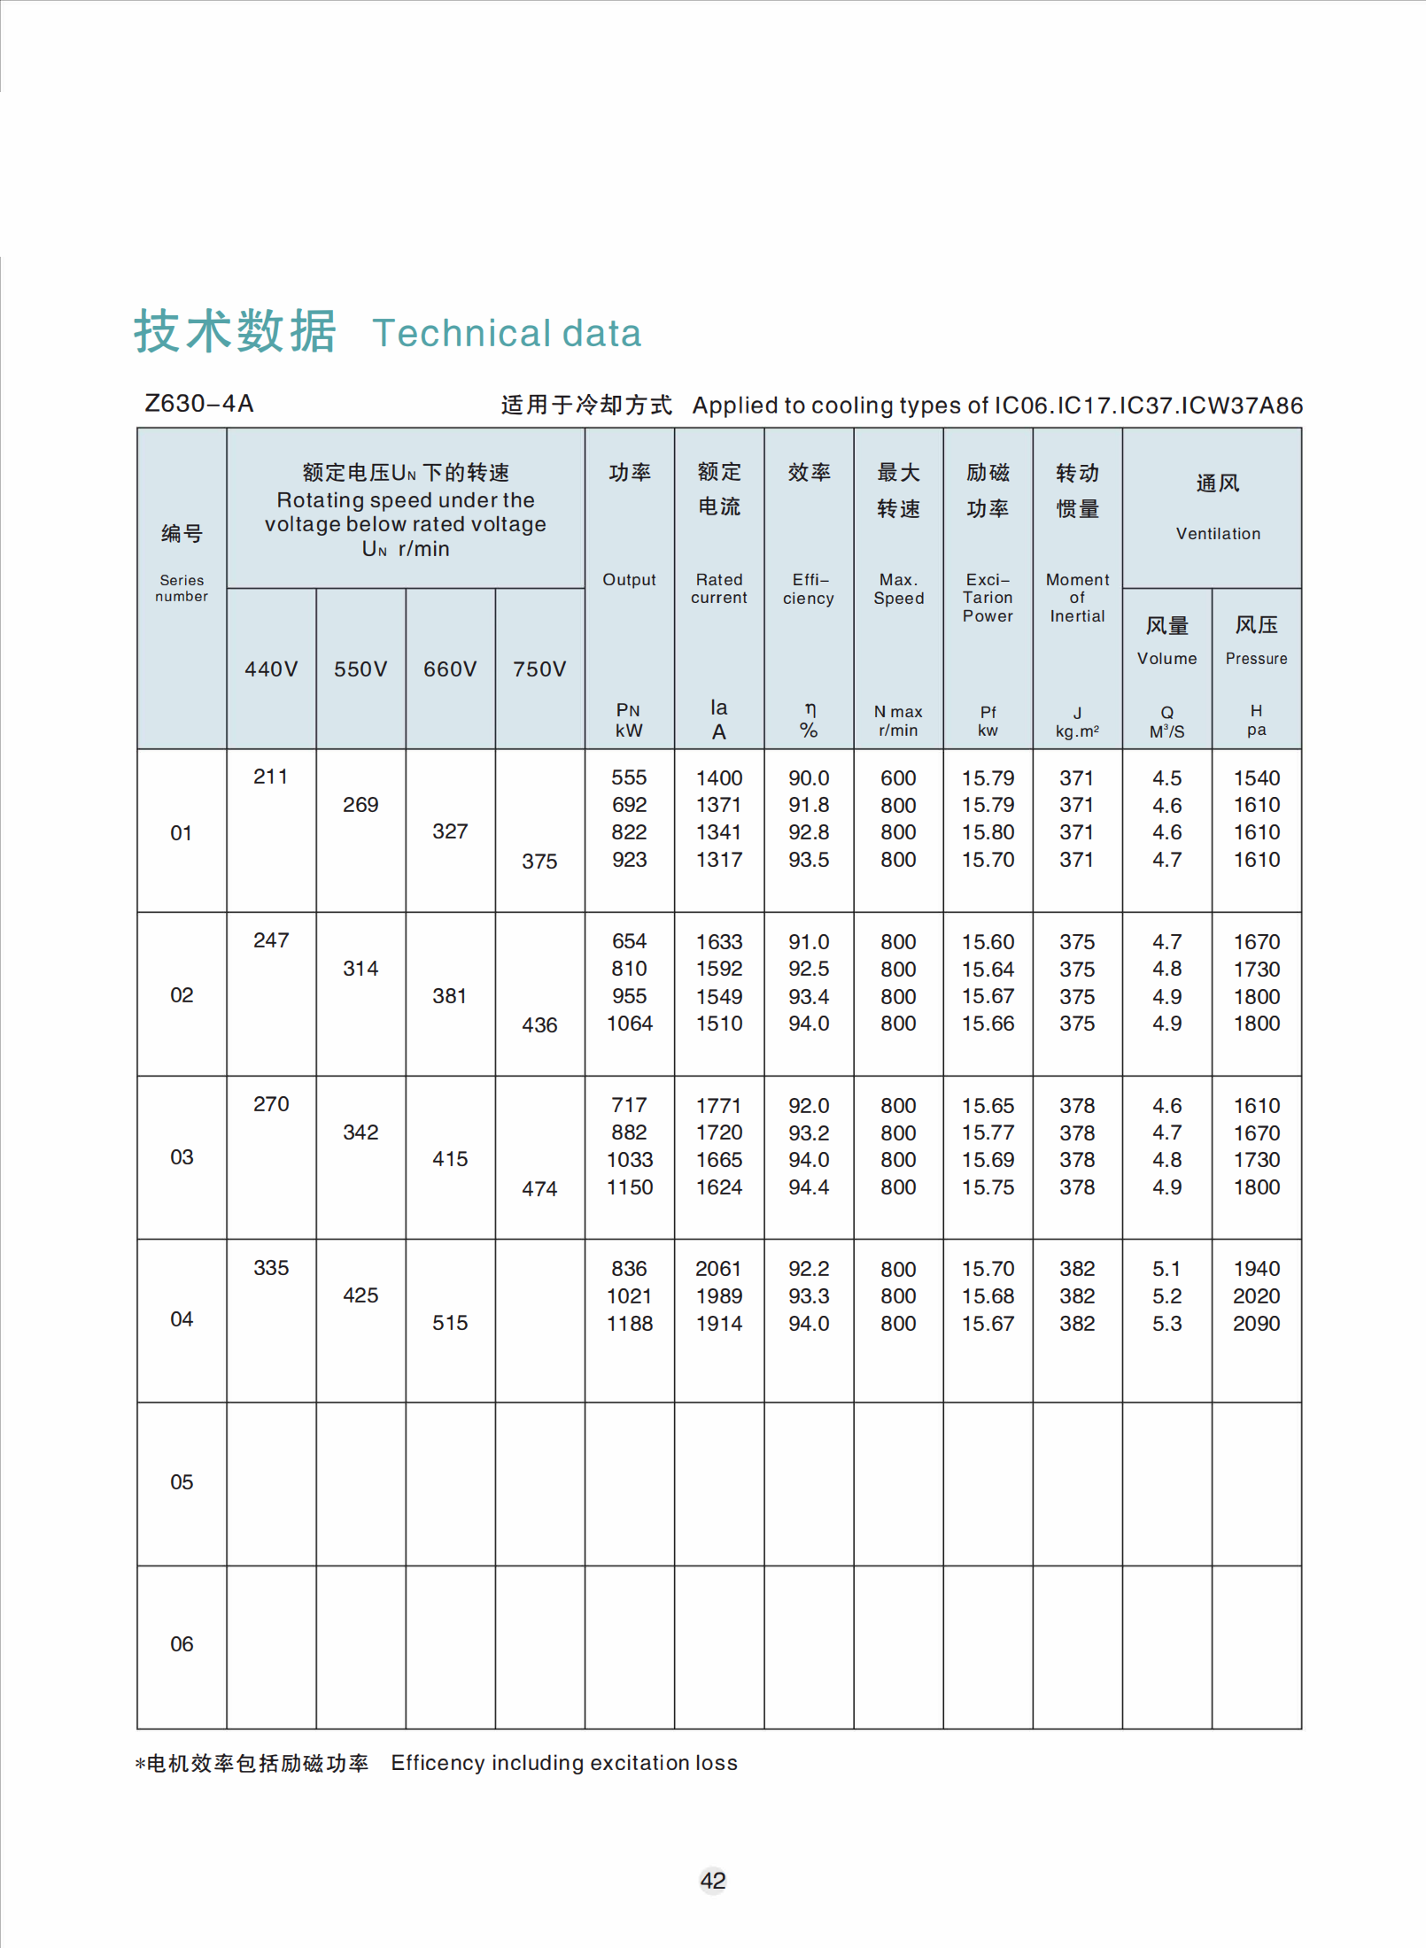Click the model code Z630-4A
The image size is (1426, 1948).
pos(199,404)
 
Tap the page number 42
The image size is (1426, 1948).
pos(713,1880)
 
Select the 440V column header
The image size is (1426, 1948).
pos(271,669)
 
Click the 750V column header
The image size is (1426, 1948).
pos(539,669)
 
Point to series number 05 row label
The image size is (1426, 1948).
pos(182,1482)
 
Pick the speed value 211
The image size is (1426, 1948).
pos(271,777)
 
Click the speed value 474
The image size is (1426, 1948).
pos(539,1188)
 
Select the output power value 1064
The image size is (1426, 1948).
pos(629,1024)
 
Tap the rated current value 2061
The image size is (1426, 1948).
pos(718,1269)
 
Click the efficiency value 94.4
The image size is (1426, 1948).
pos(809,1187)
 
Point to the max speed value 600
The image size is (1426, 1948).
pos(898,778)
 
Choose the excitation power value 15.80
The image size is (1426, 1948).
pos(988,832)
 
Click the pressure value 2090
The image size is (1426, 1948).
pos(1256,1324)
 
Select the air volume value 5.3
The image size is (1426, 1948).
pos(1166,1324)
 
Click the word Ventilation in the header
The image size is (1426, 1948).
pos(1218,534)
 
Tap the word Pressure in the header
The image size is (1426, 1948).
pos(1256,659)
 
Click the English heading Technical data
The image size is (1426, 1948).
pos(507,334)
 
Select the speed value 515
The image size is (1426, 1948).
pos(450,1323)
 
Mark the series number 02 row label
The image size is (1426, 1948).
pos(182,995)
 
